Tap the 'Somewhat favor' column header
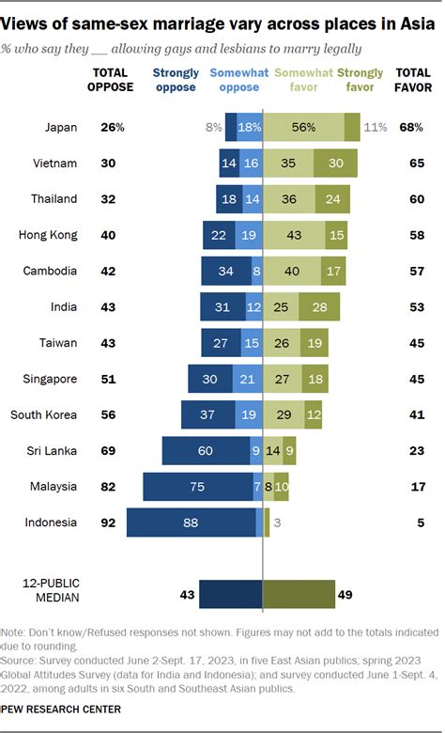point(299,80)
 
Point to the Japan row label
point(60,126)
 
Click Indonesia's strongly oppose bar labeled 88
point(191,523)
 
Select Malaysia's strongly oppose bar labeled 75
point(197,487)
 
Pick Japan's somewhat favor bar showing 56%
point(303,126)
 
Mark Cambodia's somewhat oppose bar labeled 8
point(256,271)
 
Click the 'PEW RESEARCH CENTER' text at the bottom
point(62,710)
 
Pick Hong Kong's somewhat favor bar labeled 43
point(294,235)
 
